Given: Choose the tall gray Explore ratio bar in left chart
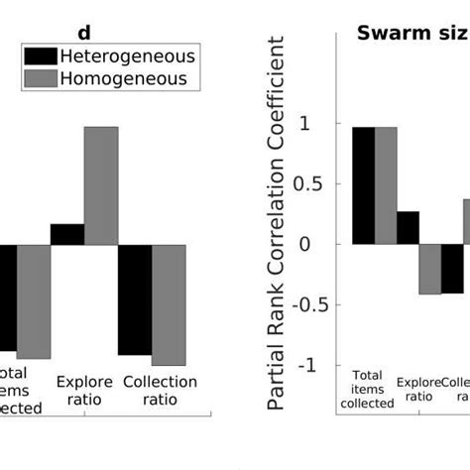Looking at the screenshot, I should pyautogui.click(x=101, y=185).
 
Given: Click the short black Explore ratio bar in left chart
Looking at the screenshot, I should pyautogui.click(x=66, y=234).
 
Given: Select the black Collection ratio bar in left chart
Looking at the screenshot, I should pyautogui.click(x=135, y=299).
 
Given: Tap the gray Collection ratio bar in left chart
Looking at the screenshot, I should pyautogui.click(x=169, y=304).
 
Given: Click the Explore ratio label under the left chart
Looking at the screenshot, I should pyautogui.click(x=84, y=391).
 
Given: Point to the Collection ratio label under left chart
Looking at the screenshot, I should pyautogui.click(x=161, y=391).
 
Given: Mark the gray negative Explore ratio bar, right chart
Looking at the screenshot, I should pyautogui.click(x=429, y=269).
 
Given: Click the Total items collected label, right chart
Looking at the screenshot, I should pyautogui.click(x=366, y=389).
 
